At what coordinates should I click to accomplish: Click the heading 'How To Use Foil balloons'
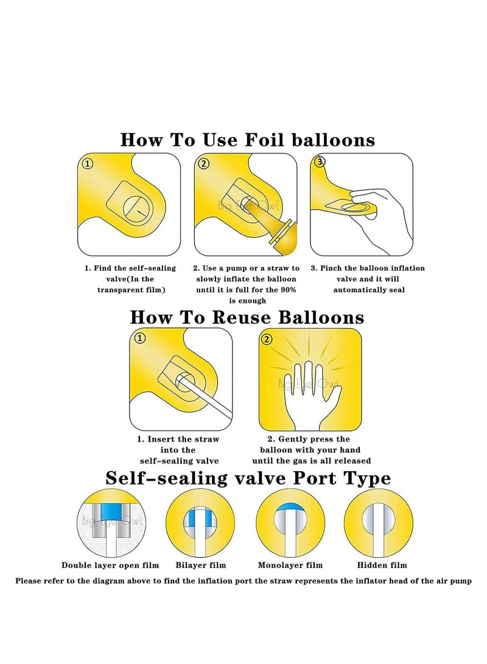point(247,139)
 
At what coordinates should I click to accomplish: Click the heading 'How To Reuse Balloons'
point(247,317)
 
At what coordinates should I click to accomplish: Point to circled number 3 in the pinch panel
point(320,162)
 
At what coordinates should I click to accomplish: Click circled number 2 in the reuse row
point(266,338)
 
